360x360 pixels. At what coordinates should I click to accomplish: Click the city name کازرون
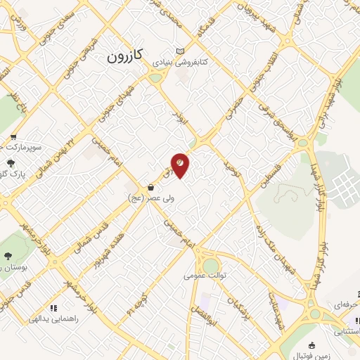126,57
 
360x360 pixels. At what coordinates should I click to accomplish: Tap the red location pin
180,165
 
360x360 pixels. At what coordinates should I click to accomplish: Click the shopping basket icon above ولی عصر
152,188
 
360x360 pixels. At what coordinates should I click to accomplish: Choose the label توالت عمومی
203,276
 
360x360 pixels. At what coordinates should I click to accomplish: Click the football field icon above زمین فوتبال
311,345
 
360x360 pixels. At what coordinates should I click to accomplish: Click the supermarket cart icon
13,138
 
